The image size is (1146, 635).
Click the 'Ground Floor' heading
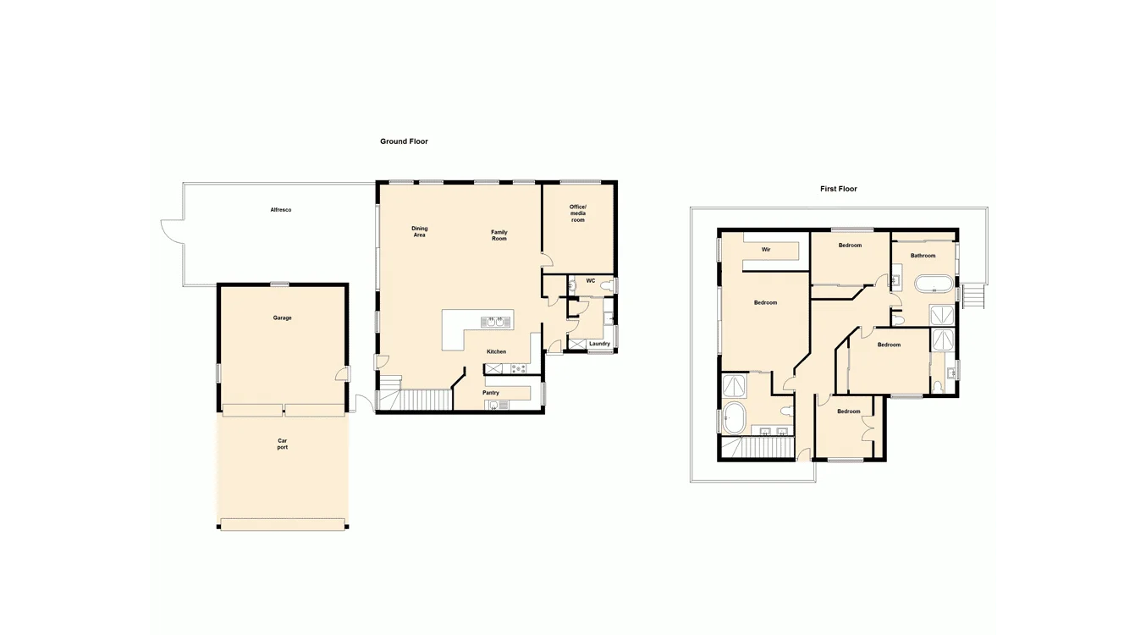click(404, 141)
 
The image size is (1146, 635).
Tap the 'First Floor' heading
click(838, 189)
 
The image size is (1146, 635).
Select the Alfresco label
click(280, 210)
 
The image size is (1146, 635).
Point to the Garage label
click(282, 318)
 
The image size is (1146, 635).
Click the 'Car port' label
click(282, 444)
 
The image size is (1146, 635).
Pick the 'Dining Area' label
click(419, 231)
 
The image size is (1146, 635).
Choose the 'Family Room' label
click(499, 235)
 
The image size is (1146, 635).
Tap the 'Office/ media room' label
click(577, 213)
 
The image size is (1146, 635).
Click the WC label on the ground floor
click(590, 281)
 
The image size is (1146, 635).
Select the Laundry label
click(599, 344)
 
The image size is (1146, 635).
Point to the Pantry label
click(491, 393)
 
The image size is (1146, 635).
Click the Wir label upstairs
click(766, 250)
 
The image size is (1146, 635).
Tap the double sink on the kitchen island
click(498, 322)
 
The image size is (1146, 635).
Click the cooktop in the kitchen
click(518, 368)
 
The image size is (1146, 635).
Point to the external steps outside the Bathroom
click(973, 296)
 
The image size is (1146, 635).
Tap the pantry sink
click(493, 405)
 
